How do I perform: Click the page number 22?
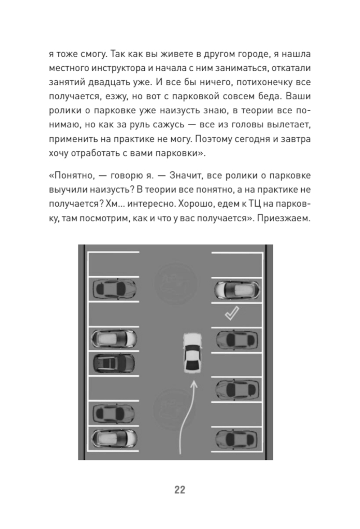180,490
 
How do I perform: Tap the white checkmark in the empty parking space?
231,313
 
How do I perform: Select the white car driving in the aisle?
192,353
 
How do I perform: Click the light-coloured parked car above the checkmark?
237,290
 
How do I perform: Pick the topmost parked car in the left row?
114,288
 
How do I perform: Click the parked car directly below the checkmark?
237,340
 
